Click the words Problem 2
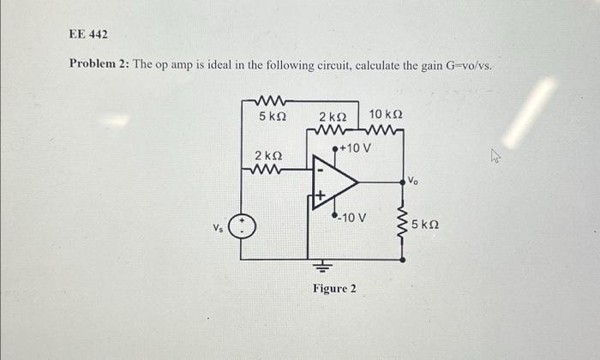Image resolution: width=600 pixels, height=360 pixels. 98,66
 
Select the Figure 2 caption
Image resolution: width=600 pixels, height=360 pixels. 334,289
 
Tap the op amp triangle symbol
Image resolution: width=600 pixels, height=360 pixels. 335,182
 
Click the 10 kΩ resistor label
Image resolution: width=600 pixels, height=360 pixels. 386,115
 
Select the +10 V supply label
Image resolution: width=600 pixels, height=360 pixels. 355,148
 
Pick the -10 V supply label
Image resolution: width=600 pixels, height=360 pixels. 351,217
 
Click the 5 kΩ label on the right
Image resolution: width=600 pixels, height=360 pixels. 426,225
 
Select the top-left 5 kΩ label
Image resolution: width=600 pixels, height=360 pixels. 272,115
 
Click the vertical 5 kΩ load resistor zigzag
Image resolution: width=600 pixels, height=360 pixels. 401,225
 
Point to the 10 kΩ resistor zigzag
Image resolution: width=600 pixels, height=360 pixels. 385,131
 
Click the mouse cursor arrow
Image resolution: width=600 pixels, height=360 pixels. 495,155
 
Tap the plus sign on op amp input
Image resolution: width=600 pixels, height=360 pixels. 318,197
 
